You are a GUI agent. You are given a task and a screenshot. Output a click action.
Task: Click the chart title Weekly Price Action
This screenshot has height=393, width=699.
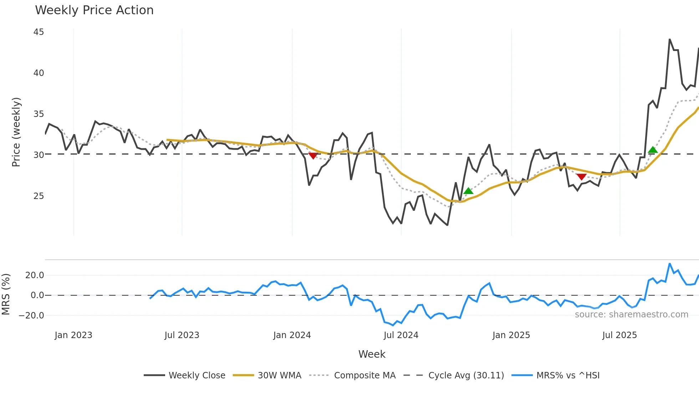(94, 10)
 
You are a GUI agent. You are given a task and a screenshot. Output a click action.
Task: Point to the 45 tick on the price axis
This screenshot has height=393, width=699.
(39, 32)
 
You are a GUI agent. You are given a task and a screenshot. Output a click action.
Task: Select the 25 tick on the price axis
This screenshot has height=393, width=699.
(39, 196)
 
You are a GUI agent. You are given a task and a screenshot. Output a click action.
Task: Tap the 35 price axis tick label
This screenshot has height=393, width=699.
(39, 114)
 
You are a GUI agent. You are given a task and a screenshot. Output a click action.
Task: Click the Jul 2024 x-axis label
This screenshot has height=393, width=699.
(401, 335)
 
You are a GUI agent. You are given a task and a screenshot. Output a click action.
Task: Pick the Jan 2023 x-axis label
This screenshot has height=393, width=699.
(73, 335)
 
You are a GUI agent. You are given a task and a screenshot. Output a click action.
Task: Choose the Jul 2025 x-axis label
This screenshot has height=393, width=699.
(619, 335)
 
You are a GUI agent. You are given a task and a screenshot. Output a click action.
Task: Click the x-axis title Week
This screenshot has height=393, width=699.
(372, 354)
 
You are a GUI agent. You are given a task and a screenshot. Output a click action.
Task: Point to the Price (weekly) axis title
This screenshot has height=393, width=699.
(16, 132)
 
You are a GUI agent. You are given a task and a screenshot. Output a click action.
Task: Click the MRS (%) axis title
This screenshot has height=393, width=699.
(6, 294)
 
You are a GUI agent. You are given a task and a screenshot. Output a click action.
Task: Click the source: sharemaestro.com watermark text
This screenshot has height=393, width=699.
(631, 315)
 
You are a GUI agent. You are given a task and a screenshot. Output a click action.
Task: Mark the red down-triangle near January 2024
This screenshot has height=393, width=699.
(313, 156)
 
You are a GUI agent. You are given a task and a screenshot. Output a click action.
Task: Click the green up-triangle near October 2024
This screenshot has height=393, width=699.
(468, 191)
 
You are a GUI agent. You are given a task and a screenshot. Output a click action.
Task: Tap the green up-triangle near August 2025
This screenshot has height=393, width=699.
(653, 150)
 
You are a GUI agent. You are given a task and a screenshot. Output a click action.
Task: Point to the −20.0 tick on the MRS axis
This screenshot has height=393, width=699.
(31, 316)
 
